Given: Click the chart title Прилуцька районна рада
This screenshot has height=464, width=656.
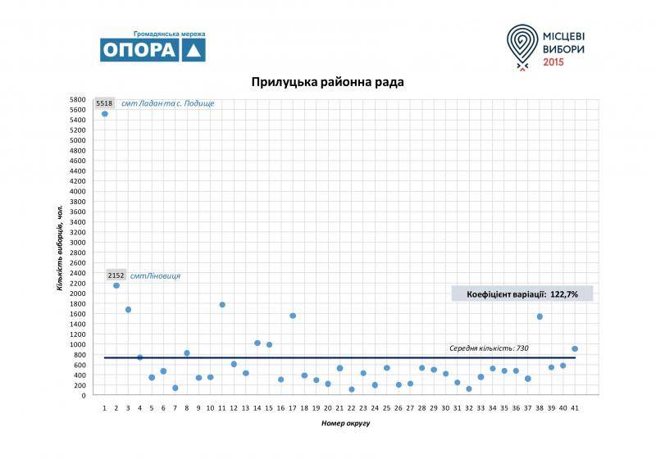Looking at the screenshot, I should [x=327, y=82].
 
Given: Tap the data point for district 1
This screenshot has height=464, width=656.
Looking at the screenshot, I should [x=105, y=114].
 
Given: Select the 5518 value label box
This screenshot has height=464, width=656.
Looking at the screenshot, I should [x=104, y=103].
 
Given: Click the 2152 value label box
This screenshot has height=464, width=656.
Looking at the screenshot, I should [x=116, y=275].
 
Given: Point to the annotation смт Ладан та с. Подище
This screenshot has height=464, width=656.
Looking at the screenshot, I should [x=167, y=103].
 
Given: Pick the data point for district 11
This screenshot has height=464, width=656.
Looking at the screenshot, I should [x=222, y=305].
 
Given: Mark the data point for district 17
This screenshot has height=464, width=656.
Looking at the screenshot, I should [x=293, y=316].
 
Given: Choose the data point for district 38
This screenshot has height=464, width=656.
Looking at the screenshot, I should [x=540, y=316].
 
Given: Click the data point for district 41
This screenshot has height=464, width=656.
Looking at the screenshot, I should [x=575, y=348].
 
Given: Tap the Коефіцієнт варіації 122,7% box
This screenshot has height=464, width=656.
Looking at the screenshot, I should [x=522, y=293].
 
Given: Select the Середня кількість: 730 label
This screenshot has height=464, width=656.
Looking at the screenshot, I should [x=489, y=348].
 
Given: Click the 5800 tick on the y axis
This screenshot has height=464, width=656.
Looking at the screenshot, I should [x=78, y=99].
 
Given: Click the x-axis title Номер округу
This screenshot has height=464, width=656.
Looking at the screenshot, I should [x=339, y=424].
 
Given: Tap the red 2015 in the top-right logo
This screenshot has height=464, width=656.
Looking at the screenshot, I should [x=554, y=62].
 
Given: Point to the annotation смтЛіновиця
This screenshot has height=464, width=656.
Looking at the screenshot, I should [x=155, y=275].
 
